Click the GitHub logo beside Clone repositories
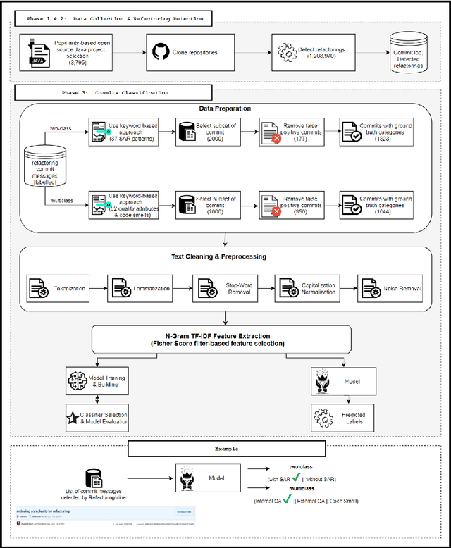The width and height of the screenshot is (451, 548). pos(160,52)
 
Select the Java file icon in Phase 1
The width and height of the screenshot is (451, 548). pos(38,52)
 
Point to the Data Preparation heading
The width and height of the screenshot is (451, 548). pos(225,108)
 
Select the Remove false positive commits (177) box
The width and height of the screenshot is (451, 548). pos(290,132)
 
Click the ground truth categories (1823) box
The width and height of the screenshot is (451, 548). pos(376,132)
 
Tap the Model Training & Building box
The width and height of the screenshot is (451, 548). pos(97,382)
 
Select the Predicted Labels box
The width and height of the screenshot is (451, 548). pos(335,417)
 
